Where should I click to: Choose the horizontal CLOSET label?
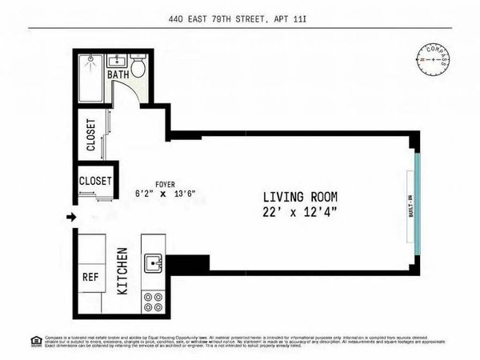[96, 182]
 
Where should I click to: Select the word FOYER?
[166, 183]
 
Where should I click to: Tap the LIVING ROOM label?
[301, 197]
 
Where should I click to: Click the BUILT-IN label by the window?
[410, 210]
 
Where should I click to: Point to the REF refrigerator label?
[90, 277]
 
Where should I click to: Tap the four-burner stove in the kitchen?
[152, 302]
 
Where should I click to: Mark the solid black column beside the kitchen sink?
[187, 263]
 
